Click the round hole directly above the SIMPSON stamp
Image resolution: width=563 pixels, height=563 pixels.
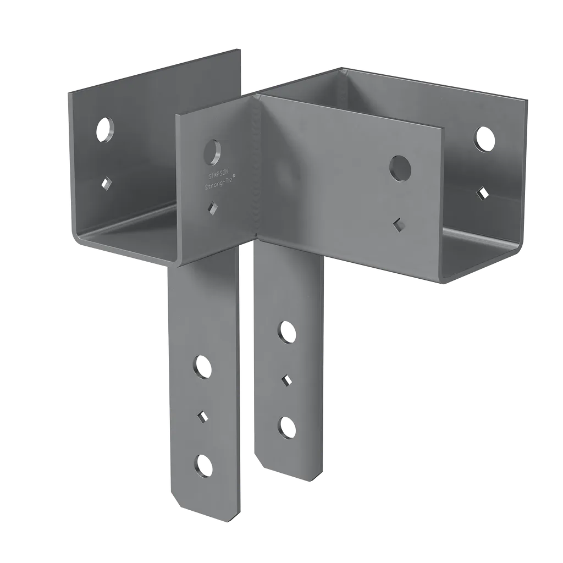coord(212,151)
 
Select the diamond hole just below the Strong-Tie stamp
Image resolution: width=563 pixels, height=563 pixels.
coord(212,208)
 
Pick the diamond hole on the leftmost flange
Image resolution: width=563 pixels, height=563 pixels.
coord(104,182)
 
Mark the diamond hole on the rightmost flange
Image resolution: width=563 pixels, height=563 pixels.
coord(483,192)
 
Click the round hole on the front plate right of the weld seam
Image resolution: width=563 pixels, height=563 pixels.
coord(400,167)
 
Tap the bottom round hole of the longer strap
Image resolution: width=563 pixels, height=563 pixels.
coord(203,465)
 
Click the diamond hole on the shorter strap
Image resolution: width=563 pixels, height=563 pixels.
coord(286,380)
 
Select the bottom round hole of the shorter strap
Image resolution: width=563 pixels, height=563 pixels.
coord(286,427)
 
